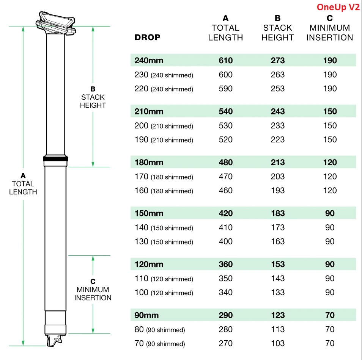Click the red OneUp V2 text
(x=338, y=8)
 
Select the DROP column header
(x=147, y=38)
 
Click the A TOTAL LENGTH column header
(x=225, y=28)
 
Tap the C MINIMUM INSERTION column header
(x=330, y=28)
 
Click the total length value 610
(x=225, y=60)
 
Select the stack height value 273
(x=278, y=60)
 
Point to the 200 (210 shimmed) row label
(x=164, y=126)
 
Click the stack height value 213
(x=278, y=162)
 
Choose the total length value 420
(x=225, y=213)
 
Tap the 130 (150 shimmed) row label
(x=164, y=242)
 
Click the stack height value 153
(x=278, y=264)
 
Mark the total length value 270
(x=225, y=344)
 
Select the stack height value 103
(x=278, y=344)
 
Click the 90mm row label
(x=146, y=315)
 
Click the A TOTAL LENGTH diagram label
(x=23, y=184)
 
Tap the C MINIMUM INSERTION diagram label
(x=93, y=290)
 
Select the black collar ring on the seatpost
(x=56, y=159)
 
